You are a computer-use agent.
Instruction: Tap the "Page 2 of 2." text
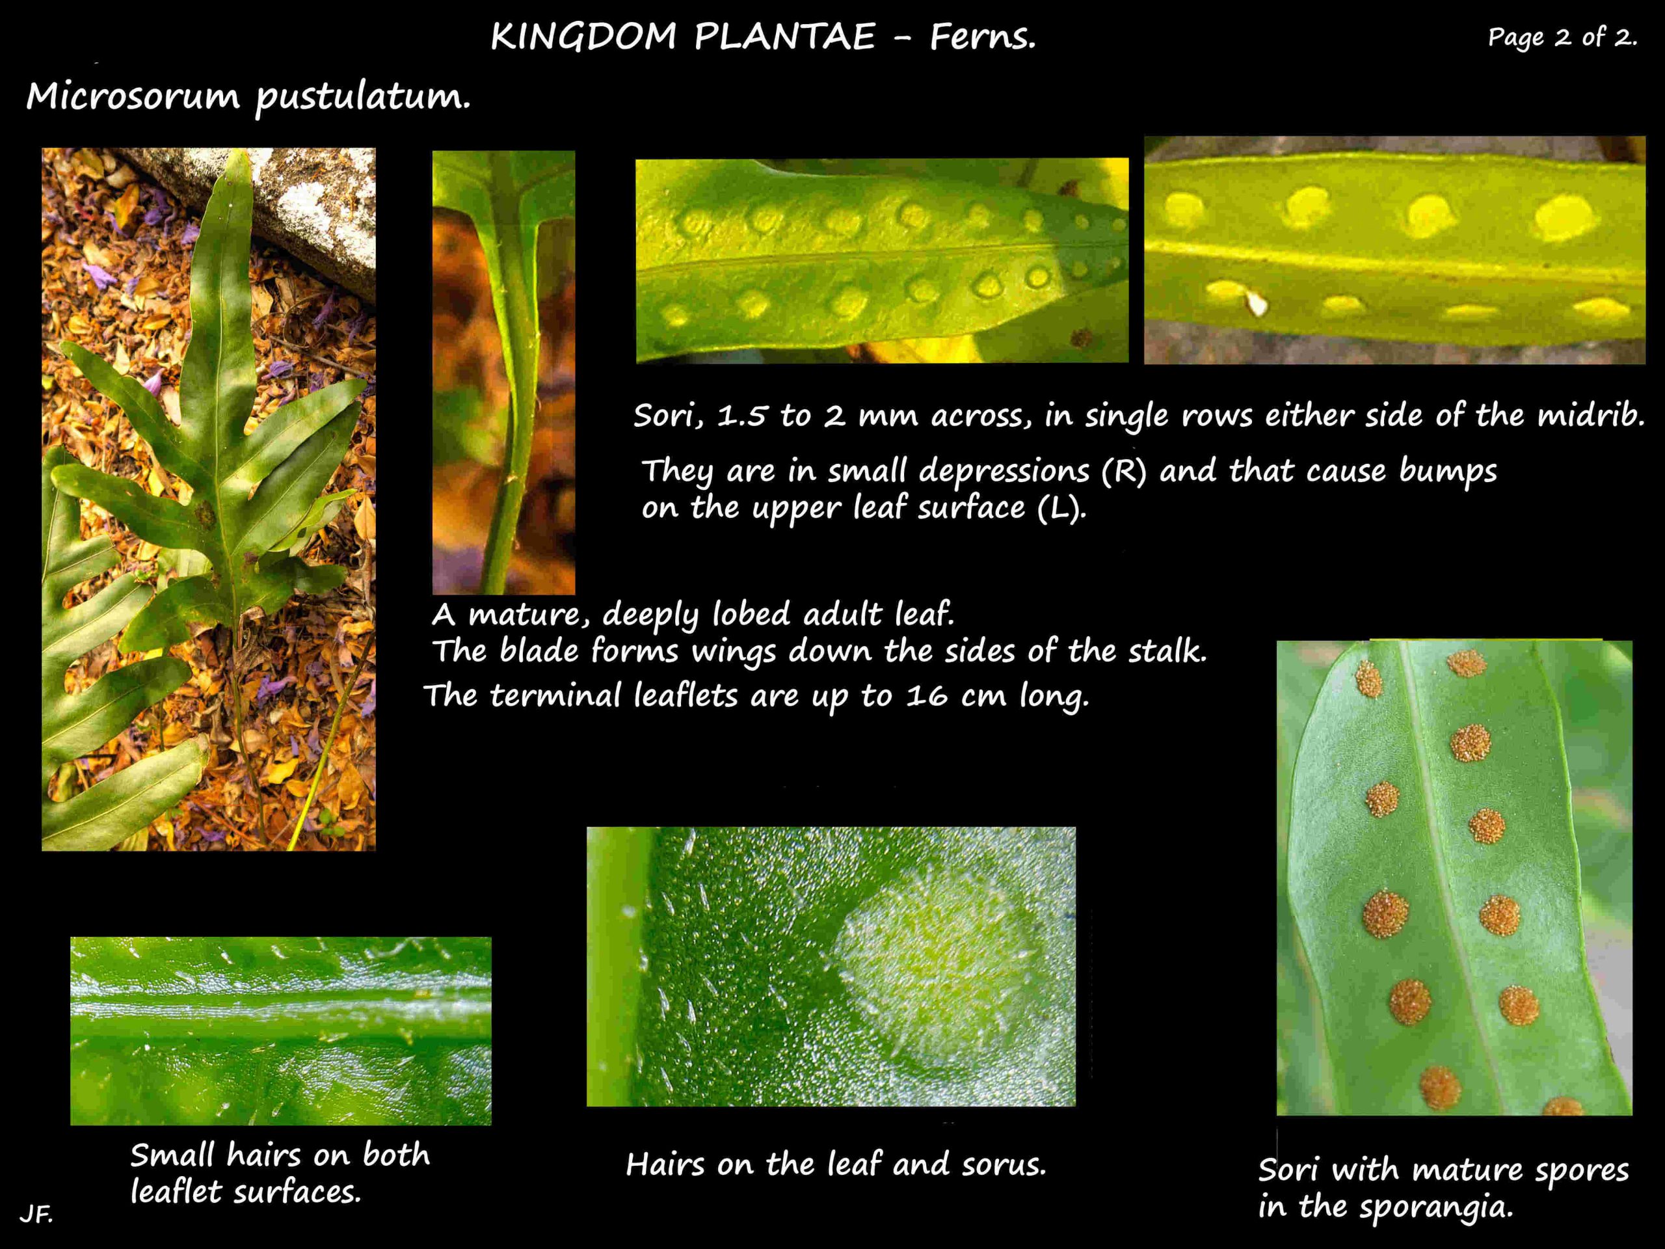(x=1562, y=37)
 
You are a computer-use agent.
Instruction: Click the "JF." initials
(x=36, y=1214)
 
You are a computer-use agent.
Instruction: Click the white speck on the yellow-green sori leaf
(x=1257, y=303)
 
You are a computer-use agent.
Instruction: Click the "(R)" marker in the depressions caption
(x=1124, y=471)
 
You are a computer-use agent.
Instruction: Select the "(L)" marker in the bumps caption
(x=1061, y=509)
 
